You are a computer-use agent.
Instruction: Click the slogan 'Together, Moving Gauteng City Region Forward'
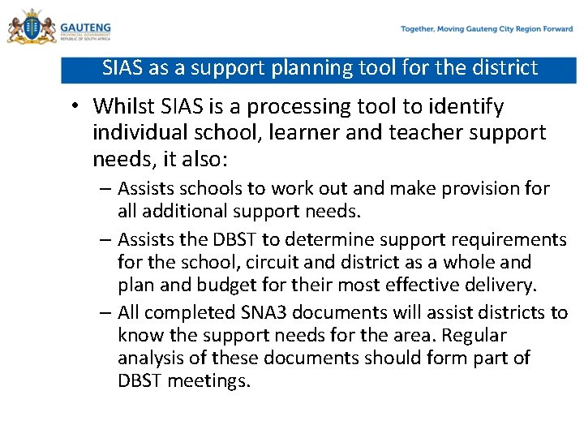point(487,29)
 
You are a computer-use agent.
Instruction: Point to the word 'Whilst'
point(120,106)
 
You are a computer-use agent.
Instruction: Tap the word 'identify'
point(470,106)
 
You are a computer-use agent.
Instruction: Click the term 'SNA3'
point(260,312)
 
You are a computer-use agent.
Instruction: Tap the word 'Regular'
point(474,335)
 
